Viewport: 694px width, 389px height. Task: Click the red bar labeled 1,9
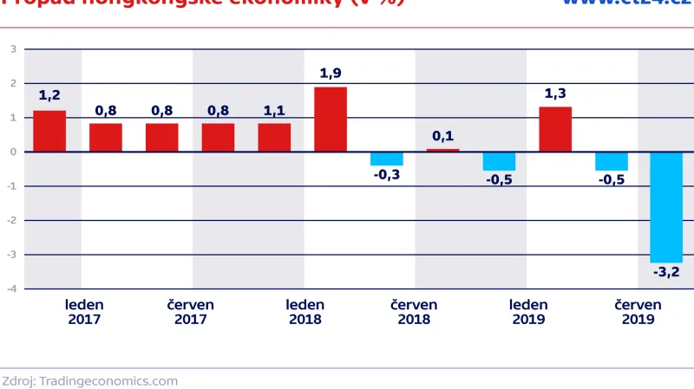coord(331,120)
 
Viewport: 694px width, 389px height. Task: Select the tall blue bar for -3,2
coord(667,207)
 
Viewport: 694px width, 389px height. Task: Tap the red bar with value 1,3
coord(555,129)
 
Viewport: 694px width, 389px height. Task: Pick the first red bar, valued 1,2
coord(49,131)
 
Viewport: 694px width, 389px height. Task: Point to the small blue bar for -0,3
coord(387,159)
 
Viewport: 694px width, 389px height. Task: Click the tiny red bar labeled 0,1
coord(442,150)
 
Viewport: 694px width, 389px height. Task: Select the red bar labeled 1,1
coord(274,137)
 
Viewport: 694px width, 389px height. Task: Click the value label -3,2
coord(667,273)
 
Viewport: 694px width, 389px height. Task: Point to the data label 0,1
coord(442,136)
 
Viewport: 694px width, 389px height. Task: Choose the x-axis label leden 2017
coord(84,312)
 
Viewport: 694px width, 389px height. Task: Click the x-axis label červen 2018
coord(414,312)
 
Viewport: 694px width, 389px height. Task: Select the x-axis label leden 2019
coord(528,312)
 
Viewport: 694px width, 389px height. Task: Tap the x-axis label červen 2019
coord(638,312)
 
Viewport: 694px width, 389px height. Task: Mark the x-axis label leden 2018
coord(305,312)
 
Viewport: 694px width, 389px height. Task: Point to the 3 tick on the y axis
coord(13,49)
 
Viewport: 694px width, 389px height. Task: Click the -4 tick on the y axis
coord(11,289)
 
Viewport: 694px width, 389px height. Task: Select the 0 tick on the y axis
coord(13,152)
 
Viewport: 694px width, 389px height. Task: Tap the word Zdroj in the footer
coord(17,380)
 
